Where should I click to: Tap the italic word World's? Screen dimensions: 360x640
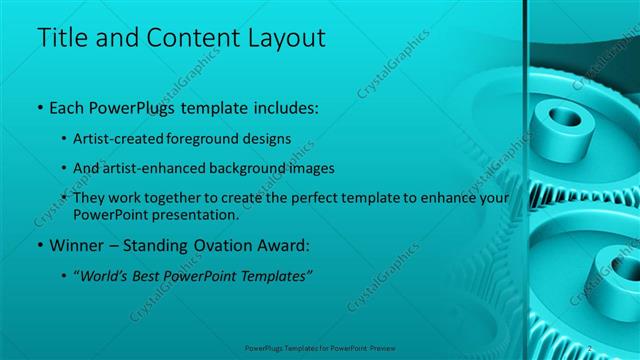(112, 275)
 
